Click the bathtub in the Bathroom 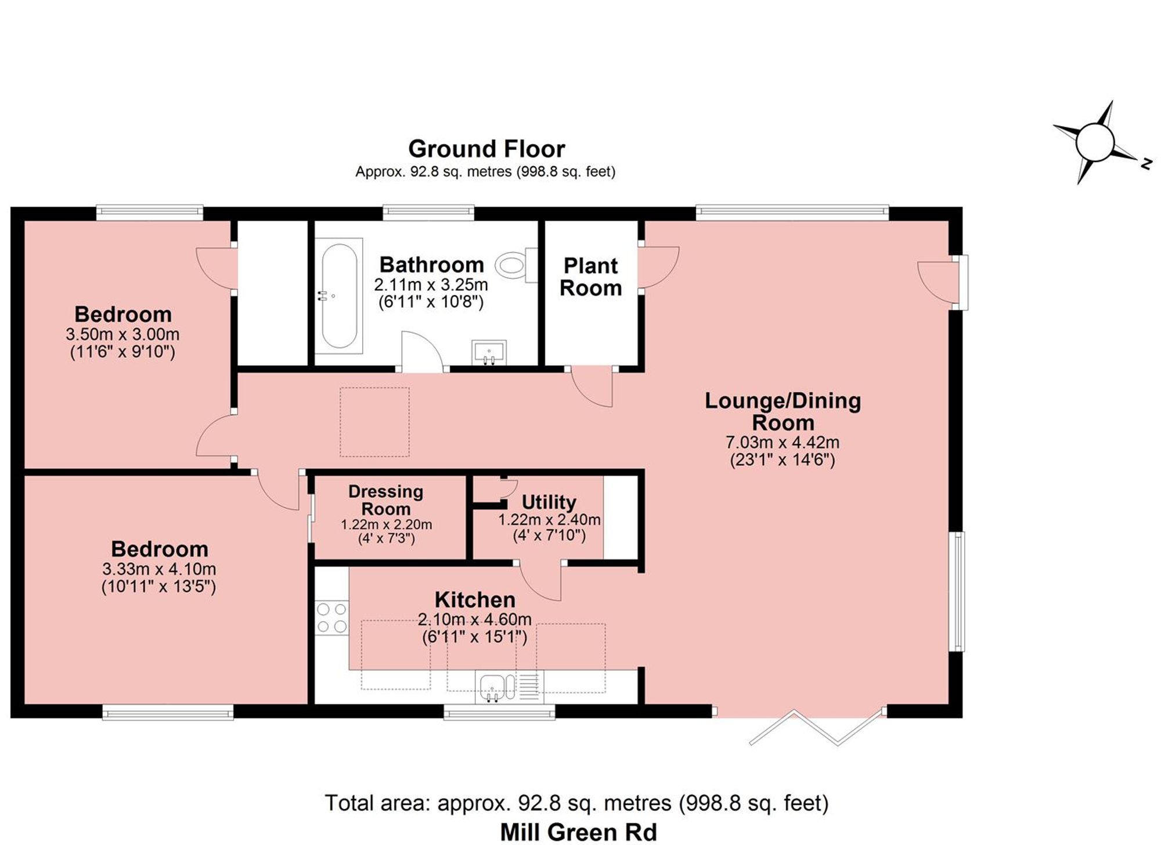click(339, 296)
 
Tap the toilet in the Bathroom click(516, 265)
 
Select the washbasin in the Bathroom click(489, 353)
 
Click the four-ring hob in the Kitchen click(331, 618)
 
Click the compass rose click(1094, 143)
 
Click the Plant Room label click(591, 276)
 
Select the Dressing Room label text click(386, 500)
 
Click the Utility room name click(549, 502)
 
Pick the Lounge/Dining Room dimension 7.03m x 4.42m click(782, 443)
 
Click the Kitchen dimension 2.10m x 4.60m click(475, 620)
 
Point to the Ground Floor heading click(486, 149)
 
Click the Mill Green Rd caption click(578, 832)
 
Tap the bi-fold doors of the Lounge click(816, 727)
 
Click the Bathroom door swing click(422, 351)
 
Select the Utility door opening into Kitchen click(540, 581)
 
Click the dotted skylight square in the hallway click(374, 422)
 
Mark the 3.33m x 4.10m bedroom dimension click(159, 569)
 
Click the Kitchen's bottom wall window click(499, 712)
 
